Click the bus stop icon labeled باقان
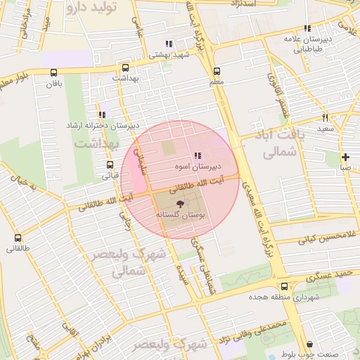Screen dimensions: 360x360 click(x=54, y=72)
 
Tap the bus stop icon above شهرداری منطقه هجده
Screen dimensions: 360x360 click(x=284, y=286)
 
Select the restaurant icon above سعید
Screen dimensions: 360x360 click(x=325, y=117)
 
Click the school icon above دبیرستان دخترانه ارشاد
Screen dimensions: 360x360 click(x=103, y=114)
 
